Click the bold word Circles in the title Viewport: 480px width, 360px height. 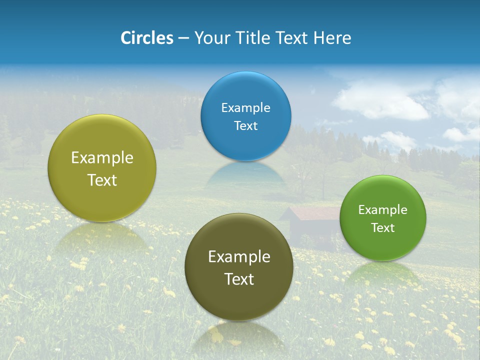pyautogui.click(x=147, y=38)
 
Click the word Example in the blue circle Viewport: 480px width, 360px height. pyautogui.click(x=245, y=108)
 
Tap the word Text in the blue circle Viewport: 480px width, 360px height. pyautogui.click(x=245, y=126)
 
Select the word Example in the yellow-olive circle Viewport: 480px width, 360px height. pyautogui.click(x=102, y=158)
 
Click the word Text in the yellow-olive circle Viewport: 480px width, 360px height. pyautogui.click(x=102, y=180)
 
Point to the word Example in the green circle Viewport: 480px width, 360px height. pyautogui.click(x=383, y=210)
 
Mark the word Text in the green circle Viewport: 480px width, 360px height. pyautogui.click(x=383, y=228)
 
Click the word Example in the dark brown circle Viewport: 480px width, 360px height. pyautogui.click(x=239, y=257)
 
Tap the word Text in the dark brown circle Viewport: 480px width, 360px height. pyautogui.click(x=239, y=279)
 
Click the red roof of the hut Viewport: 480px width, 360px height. pyautogui.click(x=312, y=213)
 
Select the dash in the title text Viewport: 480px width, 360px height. pyautogui.click(x=183, y=38)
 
